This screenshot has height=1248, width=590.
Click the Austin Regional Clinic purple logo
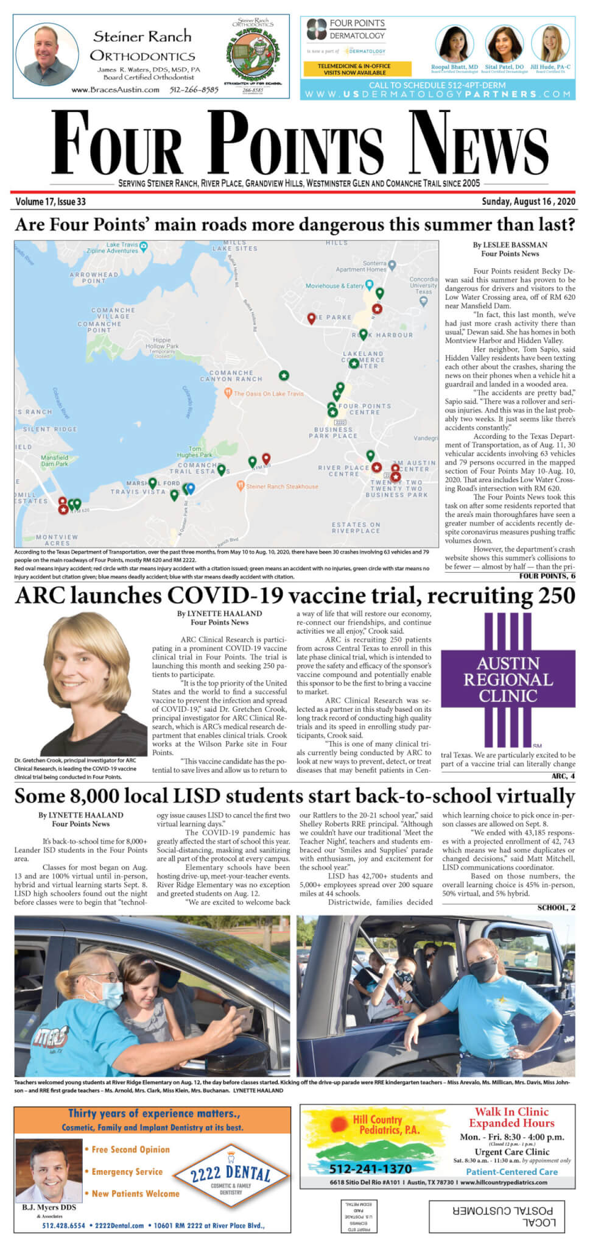(x=508, y=679)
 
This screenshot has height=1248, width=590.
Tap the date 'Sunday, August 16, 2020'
(x=528, y=202)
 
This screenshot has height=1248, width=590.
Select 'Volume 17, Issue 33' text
(x=51, y=202)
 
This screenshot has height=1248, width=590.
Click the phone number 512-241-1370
(x=370, y=1169)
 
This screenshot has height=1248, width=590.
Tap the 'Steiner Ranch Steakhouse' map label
(x=281, y=486)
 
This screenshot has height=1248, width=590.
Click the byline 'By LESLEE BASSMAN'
(x=510, y=245)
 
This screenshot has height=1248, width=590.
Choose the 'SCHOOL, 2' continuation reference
(x=556, y=907)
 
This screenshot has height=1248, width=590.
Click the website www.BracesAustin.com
(x=115, y=90)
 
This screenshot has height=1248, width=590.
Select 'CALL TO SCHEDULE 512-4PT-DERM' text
(x=437, y=85)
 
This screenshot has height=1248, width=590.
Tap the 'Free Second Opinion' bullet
(x=130, y=1149)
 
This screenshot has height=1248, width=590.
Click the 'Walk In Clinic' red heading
(x=511, y=1111)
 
